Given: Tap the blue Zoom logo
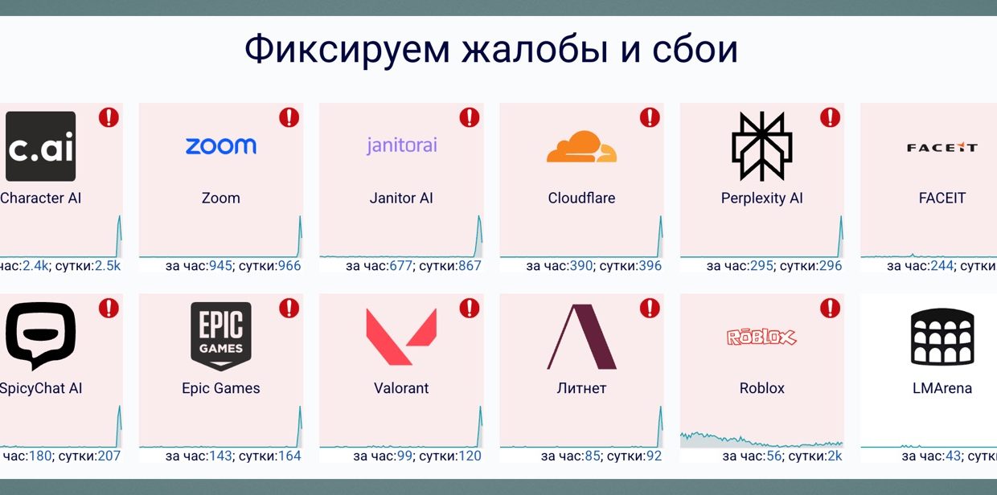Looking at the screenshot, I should (221, 145).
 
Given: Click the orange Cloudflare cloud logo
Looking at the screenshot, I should (581, 146).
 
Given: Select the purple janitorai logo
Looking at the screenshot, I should (402, 145).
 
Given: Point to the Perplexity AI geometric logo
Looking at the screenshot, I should (761, 146).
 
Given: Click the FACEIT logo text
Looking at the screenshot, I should (942, 147).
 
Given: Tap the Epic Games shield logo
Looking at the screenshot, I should (221, 336).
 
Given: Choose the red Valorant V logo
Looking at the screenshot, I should (401, 337).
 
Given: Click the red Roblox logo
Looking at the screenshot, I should (761, 337).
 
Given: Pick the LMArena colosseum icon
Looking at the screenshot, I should (942, 337).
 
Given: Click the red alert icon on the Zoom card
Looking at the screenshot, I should (289, 117).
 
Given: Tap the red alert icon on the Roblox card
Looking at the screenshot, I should (830, 308).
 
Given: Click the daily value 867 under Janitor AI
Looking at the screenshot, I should (468, 266).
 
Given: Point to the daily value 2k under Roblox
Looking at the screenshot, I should (835, 456).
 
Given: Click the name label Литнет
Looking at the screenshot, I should (581, 388).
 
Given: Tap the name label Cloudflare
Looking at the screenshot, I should (581, 198).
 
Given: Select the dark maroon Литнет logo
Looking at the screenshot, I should (581, 337).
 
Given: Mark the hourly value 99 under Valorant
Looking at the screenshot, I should (404, 456).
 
